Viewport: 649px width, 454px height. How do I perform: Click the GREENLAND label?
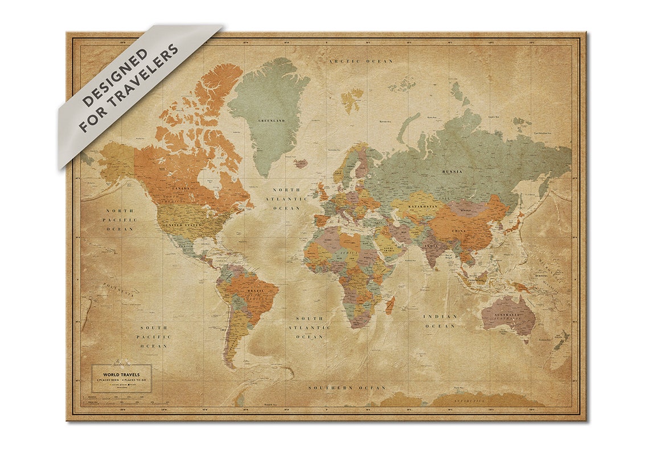tap(271, 121)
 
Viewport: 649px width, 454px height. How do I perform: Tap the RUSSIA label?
tap(452, 171)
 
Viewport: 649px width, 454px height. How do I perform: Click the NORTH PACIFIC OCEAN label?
tap(120, 220)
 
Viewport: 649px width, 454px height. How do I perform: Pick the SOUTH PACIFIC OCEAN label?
tap(154, 337)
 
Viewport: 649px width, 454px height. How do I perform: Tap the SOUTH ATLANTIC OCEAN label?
tap(309, 328)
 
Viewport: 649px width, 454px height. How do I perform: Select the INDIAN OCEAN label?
tap(439, 321)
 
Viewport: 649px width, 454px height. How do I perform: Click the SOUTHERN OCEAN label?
tap(347, 387)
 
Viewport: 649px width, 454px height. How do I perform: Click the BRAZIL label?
tap(254, 291)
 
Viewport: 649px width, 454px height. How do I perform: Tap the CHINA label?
tap(458, 230)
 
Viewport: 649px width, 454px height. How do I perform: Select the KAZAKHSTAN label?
tap(421, 207)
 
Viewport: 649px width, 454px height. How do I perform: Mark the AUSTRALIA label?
tap(506, 315)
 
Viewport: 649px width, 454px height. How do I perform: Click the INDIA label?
tap(432, 245)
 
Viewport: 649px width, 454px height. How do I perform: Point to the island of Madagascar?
tap(390, 306)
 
